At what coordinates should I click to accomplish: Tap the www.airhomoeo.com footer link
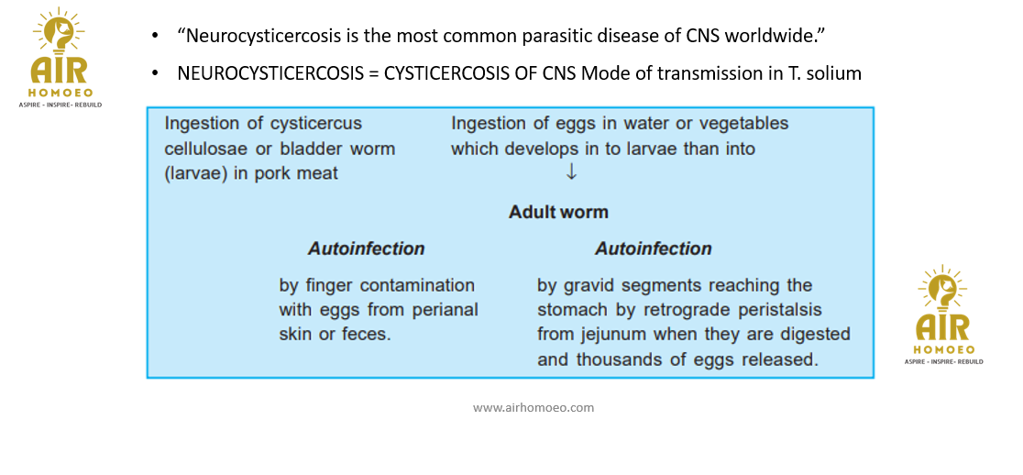(533, 408)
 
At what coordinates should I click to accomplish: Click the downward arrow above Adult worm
(571, 172)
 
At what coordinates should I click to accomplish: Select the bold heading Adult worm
(558, 212)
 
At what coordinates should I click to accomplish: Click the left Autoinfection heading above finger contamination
(366, 249)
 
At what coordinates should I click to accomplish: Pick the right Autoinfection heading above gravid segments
(653, 249)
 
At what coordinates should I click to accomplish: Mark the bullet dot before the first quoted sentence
(155, 37)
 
